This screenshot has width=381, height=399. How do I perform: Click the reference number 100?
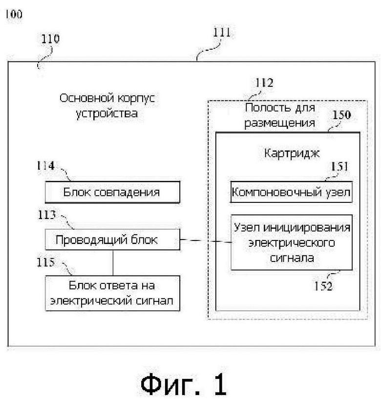(14, 14)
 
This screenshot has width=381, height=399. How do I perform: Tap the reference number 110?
(50, 39)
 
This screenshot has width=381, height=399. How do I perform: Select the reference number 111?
(221, 33)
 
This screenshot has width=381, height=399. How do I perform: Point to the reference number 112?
(264, 83)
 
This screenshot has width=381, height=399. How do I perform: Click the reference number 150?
(342, 115)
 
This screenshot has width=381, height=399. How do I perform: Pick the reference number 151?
(339, 166)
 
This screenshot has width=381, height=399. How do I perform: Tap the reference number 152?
(323, 286)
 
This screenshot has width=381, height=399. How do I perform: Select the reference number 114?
(46, 166)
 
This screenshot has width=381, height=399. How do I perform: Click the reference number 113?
(46, 215)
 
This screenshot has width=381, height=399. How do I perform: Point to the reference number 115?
(46, 262)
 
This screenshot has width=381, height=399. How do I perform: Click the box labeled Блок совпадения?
(112, 192)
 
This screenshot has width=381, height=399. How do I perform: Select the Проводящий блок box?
(112, 239)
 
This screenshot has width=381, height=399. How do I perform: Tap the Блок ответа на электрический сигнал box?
(112, 293)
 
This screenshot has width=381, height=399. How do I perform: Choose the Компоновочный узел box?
(291, 192)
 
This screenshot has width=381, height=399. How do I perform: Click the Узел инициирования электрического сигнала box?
(292, 242)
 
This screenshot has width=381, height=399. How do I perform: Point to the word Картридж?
(292, 154)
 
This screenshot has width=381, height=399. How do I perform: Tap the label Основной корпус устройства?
(107, 105)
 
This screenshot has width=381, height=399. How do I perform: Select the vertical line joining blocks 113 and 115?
(113, 263)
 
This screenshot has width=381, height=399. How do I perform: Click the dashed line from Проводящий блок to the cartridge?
(206, 241)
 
